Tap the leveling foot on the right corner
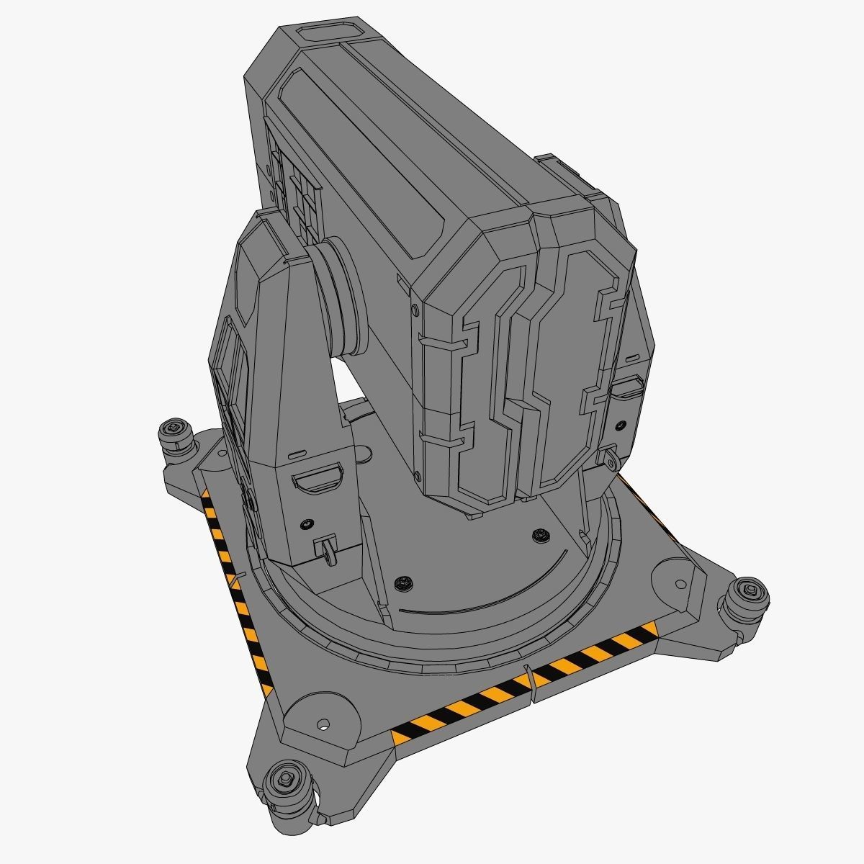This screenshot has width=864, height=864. click(746, 597)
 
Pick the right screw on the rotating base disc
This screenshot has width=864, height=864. click(540, 534)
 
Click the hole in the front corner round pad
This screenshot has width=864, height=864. click(323, 722)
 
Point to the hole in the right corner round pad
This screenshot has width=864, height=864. click(679, 582)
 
